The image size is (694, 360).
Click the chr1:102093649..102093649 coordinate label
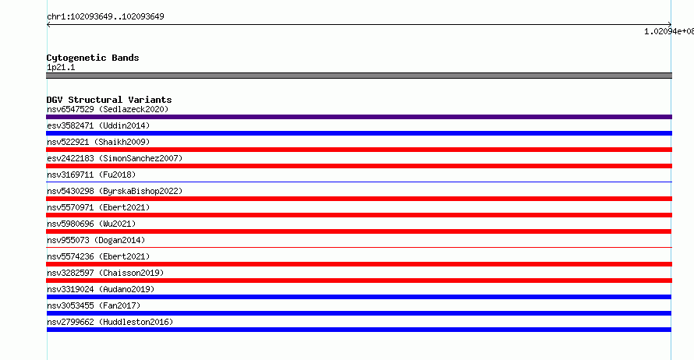pyautogui.click(x=105, y=17)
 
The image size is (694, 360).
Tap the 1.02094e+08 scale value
pyautogui.click(x=669, y=31)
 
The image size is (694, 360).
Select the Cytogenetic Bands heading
pyautogui.click(x=93, y=58)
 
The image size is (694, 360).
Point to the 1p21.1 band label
pyautogui.click(x=61, y=67)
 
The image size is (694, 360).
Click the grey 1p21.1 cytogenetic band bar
pyautogui.click(x=359, y=76)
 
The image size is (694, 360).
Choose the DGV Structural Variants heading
pyautogui.click(x=109, y=100)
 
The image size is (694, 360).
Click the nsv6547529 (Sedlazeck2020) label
pyautogui.click(x=108, y=109)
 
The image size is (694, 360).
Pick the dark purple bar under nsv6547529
pyautogui.click(x=359, y=117)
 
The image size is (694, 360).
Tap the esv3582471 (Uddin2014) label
pyautogui.click(x=98, y=125)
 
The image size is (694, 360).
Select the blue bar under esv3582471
pyautogui.click(x=359, y=133)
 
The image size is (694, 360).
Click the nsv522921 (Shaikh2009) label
pyautogui.click(x=98, y=142)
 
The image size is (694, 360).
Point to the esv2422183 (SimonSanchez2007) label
pyautogui.click(x=115, y=158)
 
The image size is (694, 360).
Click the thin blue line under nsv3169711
pyautogui.click(x=359, y=182)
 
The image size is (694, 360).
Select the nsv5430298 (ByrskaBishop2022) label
pyautogui.click(x=115, y=191)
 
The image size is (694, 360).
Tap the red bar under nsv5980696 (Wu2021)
pyautogui.click(x=359, y=231)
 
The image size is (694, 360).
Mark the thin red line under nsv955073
pyautogui.click(x=359, y=247)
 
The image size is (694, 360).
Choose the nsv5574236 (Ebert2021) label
pyautogui.click(x=98, y=256)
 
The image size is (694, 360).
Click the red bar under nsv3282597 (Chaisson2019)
pyautogui.click(x=359, y=281)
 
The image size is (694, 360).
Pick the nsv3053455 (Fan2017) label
pyautogui.click(x=94, y=305)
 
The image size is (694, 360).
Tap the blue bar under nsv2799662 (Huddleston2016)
pyautogui.click(x=359, y=330)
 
